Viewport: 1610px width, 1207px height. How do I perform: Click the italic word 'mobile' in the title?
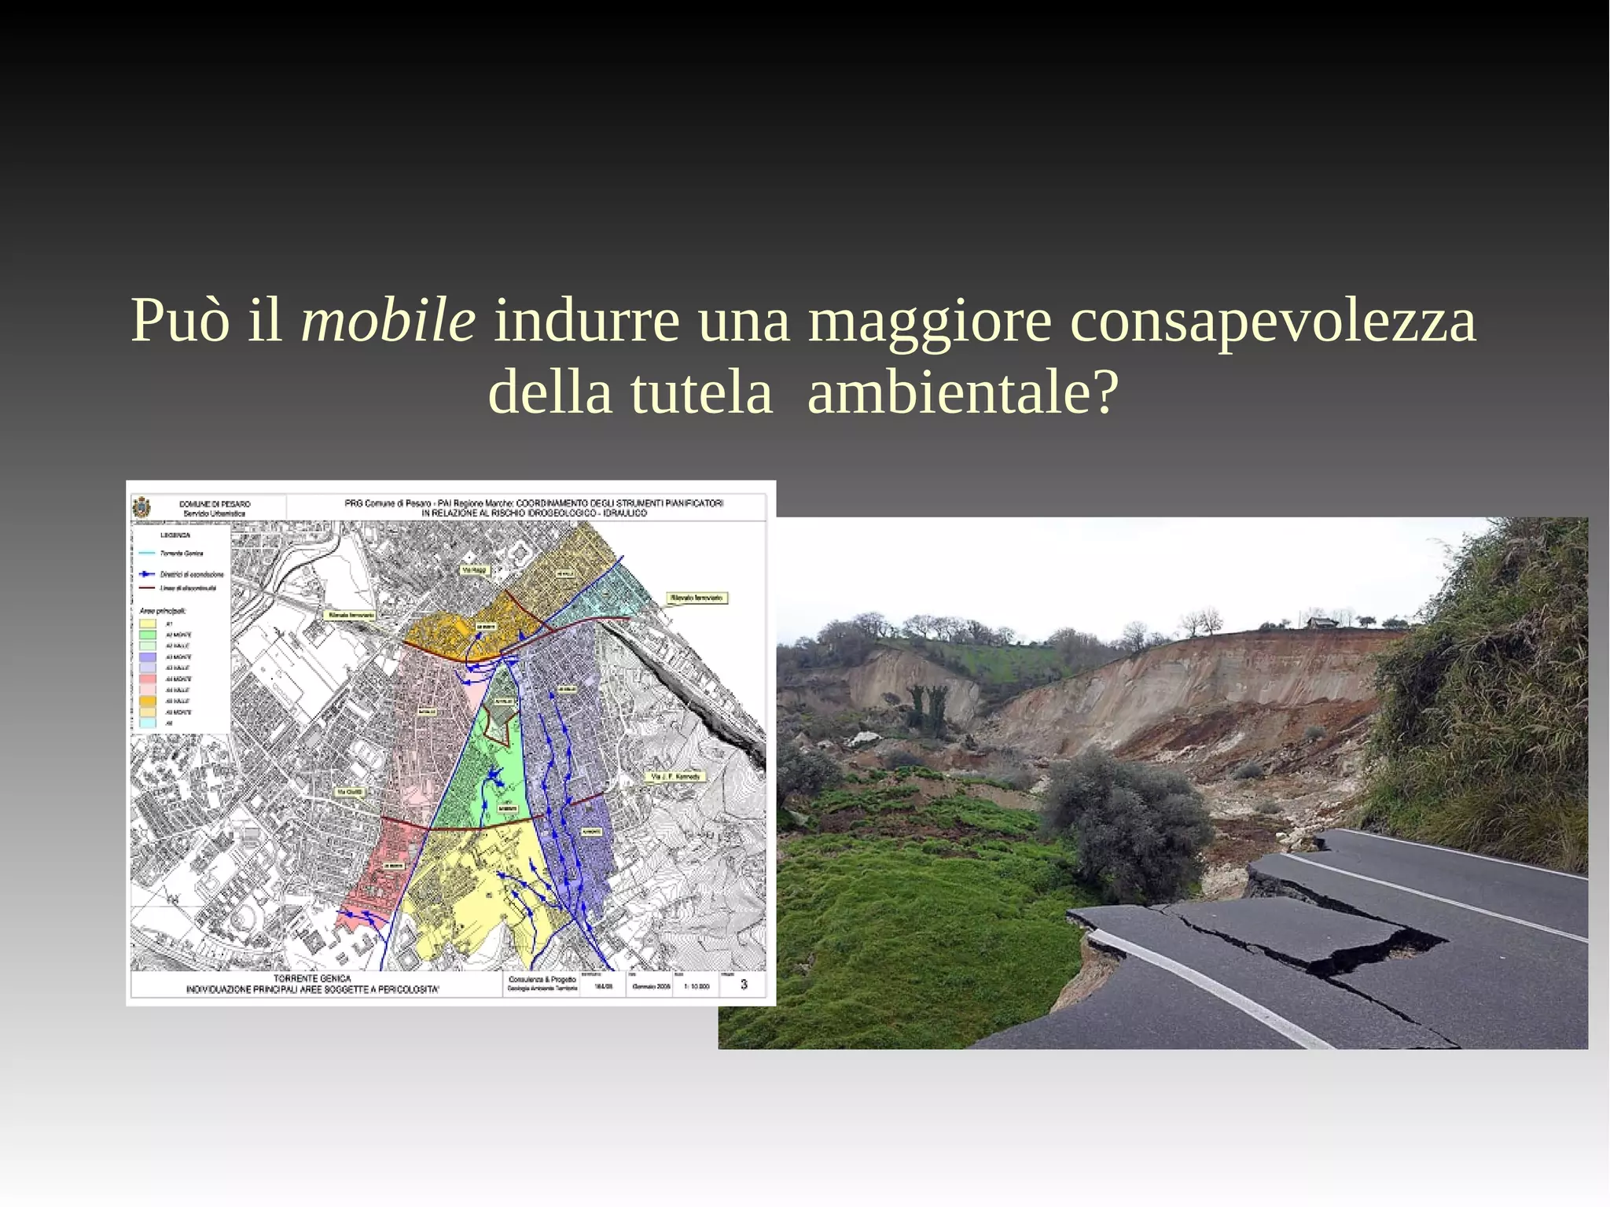tap(388, 321)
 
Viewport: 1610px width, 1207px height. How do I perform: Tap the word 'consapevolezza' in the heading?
tap(1273, 321)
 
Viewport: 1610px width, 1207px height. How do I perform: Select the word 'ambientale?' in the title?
tap(962, 392)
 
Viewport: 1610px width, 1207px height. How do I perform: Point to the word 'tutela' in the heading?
tap(701, 392)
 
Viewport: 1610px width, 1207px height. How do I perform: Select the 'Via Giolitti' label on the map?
tap(350, 792)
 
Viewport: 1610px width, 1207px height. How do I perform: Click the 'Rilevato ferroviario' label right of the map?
tap(697, 598)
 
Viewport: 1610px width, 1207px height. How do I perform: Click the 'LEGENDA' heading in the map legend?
tap(175, 535)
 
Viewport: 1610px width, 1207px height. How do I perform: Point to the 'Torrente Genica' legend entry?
tap(182, 554)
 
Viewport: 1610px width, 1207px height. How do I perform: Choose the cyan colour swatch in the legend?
tap(148, 723)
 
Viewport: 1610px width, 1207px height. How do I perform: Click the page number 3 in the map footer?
tap(744, 984)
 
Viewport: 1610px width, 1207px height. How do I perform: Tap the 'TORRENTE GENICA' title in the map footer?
tap(312, 979)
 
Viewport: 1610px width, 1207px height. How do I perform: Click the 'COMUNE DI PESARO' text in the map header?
tap(215, 503)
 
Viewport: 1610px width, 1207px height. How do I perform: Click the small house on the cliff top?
tap(1322, 623)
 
